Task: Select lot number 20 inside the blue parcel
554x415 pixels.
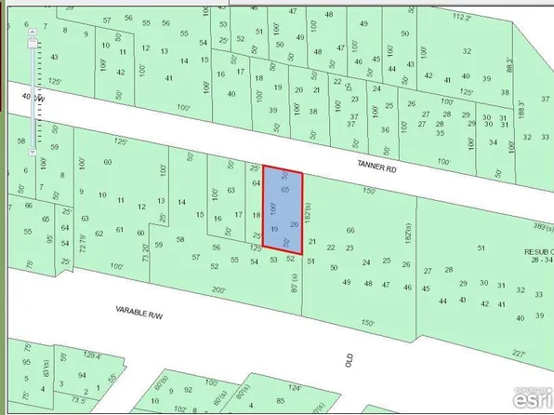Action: tap(295, 224)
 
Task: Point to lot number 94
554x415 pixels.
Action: tap(83, 375)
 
